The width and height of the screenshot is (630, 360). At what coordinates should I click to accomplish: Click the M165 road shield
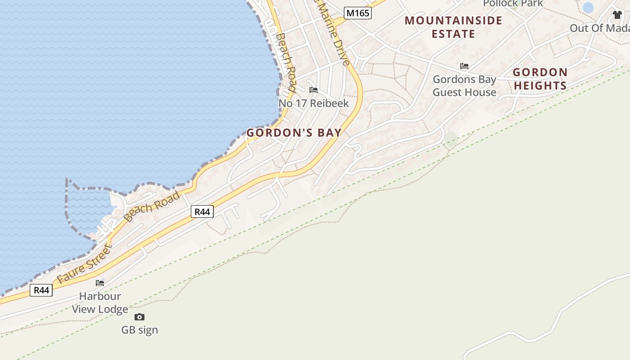[358, 13]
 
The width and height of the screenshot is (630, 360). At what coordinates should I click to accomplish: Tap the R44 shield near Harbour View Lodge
[41, 290]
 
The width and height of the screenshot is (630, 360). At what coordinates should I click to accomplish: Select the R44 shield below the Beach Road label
[202, 211]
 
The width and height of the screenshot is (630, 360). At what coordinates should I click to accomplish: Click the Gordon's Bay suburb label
[294, 133]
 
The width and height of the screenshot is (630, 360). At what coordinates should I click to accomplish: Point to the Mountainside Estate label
[453, 27]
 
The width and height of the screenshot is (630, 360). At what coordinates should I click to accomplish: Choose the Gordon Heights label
[540, 79]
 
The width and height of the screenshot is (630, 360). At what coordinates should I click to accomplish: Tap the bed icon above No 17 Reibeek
[314, 90]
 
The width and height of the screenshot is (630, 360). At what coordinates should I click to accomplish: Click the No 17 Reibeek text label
[314, 103]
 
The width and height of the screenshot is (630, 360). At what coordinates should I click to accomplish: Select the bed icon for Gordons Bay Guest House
[464, 66]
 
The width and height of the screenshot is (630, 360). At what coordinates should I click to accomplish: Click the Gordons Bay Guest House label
[464, 86]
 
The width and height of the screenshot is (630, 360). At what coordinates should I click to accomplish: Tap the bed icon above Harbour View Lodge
[100, 283]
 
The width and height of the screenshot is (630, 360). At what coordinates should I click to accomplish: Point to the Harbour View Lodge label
[100, 302]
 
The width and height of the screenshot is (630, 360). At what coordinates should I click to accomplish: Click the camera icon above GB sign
[139, 317]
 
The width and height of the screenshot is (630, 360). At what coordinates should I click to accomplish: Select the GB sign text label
[139, 330]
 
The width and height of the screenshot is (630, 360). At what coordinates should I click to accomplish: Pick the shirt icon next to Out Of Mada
[617, 15]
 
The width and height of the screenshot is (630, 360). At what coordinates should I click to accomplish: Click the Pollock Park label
[513, 4]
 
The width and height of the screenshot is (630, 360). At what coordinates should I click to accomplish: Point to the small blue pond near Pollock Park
[588, 7]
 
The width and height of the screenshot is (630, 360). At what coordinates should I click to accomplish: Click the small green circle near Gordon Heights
[450, 139]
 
